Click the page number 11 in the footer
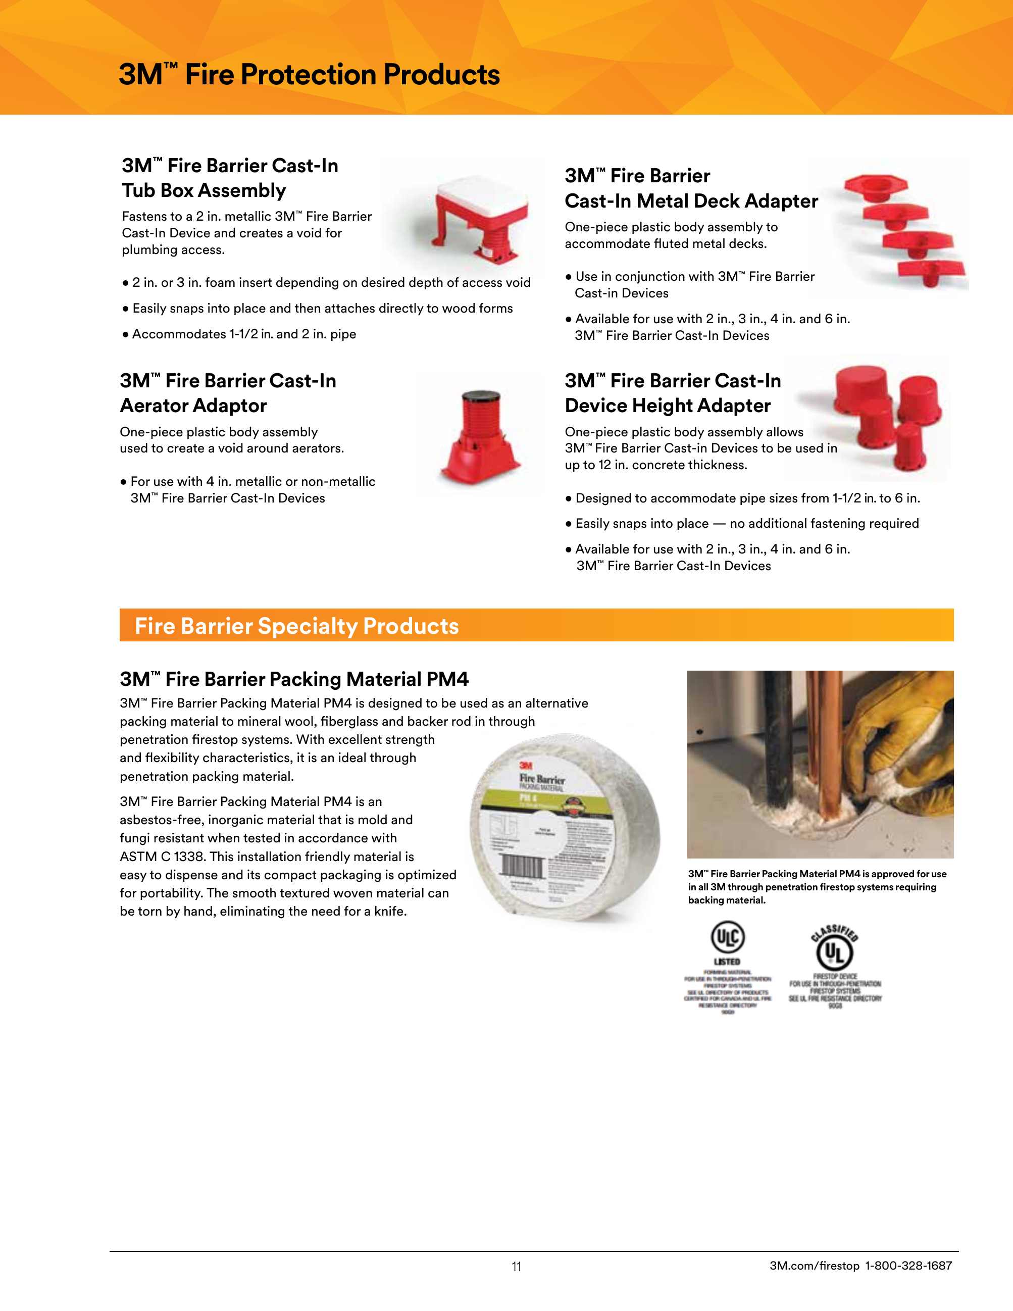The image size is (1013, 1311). click(516, 1267)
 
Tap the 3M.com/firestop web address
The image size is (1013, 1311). click(815, 1266)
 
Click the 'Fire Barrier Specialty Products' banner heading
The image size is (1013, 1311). click(296, 626)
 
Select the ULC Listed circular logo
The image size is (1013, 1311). click(727, 938)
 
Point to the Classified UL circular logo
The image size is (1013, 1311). click(834, 951)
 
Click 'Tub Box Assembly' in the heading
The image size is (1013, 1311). click(204, 190)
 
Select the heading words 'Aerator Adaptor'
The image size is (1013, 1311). click(193, 406)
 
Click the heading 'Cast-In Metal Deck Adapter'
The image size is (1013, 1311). click(691, 201)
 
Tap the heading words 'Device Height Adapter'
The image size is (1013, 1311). click(667, 406)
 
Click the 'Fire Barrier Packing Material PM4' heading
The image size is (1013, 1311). click(294, 679)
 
